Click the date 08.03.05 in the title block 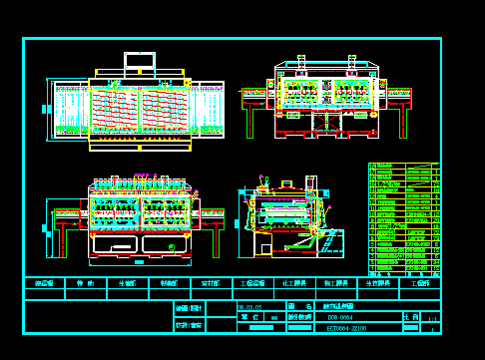[x=249, y=307]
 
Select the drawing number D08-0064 [x=341, y=317]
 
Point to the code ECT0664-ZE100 [x=346, y=327]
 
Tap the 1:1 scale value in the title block [x=432, y=318]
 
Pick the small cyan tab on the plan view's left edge [x=46, y=109]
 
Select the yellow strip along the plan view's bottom [x=140, y=148]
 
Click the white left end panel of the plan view [x=69, y=110]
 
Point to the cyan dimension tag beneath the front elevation [x=139, y=263]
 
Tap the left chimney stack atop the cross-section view [x=301, y=64]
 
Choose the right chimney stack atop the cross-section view [x=352, y=64]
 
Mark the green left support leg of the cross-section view [x=249, y=120]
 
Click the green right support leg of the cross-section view [x=403, y=120]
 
